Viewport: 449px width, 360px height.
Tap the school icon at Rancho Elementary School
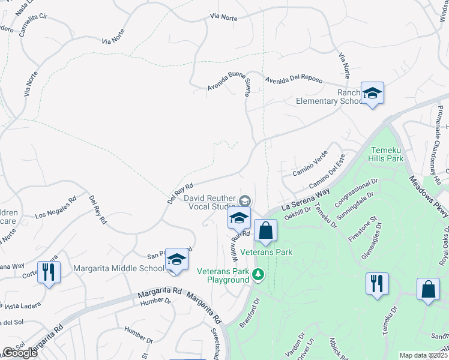tap(372, 94)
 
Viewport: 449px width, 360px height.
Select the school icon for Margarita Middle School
tap(176, 260)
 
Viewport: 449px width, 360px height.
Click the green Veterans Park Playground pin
tap(258, 275)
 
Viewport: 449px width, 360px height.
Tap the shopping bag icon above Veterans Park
tap(265, 230)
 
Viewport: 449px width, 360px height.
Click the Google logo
tap(20, 353)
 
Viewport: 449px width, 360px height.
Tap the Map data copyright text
tap(424, 355)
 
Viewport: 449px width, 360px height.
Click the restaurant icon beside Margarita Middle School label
tap(48, 272)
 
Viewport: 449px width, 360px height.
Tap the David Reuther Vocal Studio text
tap(209, 202)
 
